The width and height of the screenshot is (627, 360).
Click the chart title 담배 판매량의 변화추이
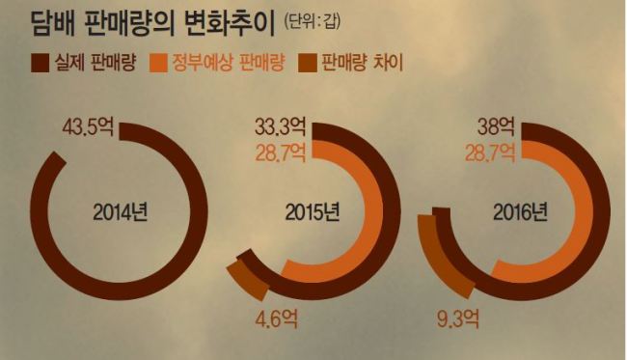153,23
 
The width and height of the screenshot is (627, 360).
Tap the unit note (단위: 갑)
312,21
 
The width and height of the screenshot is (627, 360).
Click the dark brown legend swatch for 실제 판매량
40,63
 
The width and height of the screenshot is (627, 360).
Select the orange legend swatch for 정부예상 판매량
158,63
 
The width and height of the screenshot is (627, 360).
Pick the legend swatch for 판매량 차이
308,63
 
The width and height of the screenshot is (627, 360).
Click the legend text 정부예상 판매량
229,63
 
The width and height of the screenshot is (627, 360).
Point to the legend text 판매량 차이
362,63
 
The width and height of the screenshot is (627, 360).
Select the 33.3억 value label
281,127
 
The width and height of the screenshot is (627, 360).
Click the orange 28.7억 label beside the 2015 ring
281,152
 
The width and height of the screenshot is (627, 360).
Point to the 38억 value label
496,127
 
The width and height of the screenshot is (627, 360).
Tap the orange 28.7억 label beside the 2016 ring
490,152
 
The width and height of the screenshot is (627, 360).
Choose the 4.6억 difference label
276,318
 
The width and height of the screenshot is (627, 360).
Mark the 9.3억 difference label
457,318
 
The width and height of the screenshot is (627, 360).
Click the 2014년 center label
121,212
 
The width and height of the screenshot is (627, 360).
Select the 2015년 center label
313,212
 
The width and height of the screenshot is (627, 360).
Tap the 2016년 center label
520,212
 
